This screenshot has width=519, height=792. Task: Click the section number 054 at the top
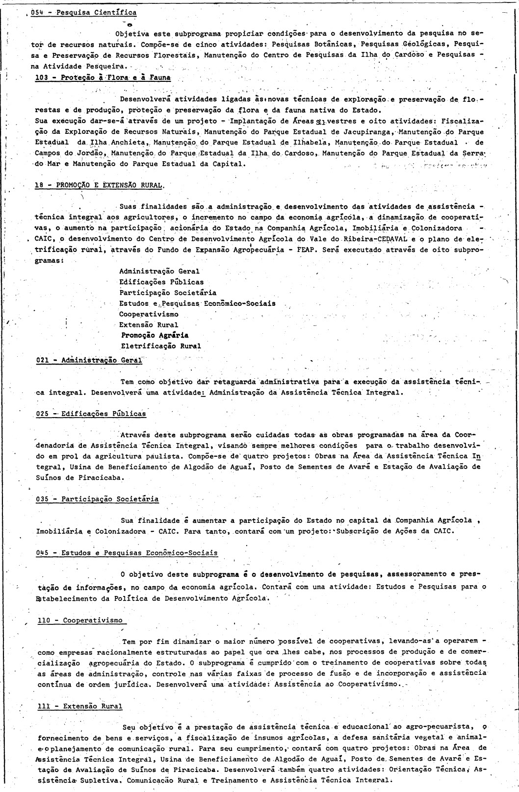pyautogui.click(x=36, y=12)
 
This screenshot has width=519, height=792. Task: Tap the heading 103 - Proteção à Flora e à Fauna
pyautogui.click(x=103, y=77)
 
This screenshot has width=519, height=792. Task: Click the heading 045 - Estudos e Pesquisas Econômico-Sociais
pyautogui.click(x=127, y=552)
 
